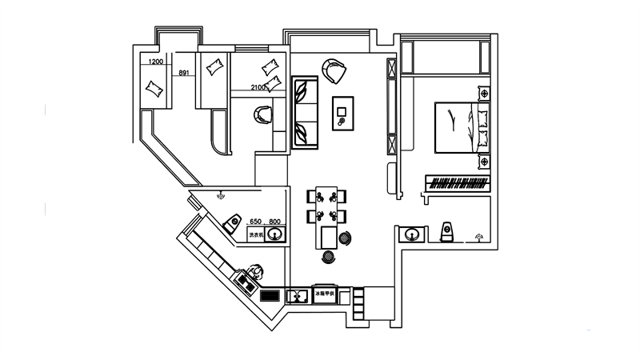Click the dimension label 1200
[x=156, y=62]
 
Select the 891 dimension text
[x=184, y=73]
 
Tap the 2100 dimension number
[x=258, y=87]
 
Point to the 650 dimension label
[x=256, y=222]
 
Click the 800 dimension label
[x=274, y=222]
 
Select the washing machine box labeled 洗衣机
[x=256, y=234]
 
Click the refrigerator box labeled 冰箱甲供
[x=324, y=294]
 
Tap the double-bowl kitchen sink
[x=298, y=295]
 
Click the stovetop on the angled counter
[x=245, y=281]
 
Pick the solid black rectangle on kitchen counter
[x=270, y=294]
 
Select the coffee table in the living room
[x=344, y=112]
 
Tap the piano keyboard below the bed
[x=458, y=183]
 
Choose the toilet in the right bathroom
[x=448, y=232]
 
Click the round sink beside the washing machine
[x=276, y=234]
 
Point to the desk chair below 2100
[x=262, y=116]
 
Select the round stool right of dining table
[x=346, y=237]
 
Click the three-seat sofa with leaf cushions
[x=304, y=112]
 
